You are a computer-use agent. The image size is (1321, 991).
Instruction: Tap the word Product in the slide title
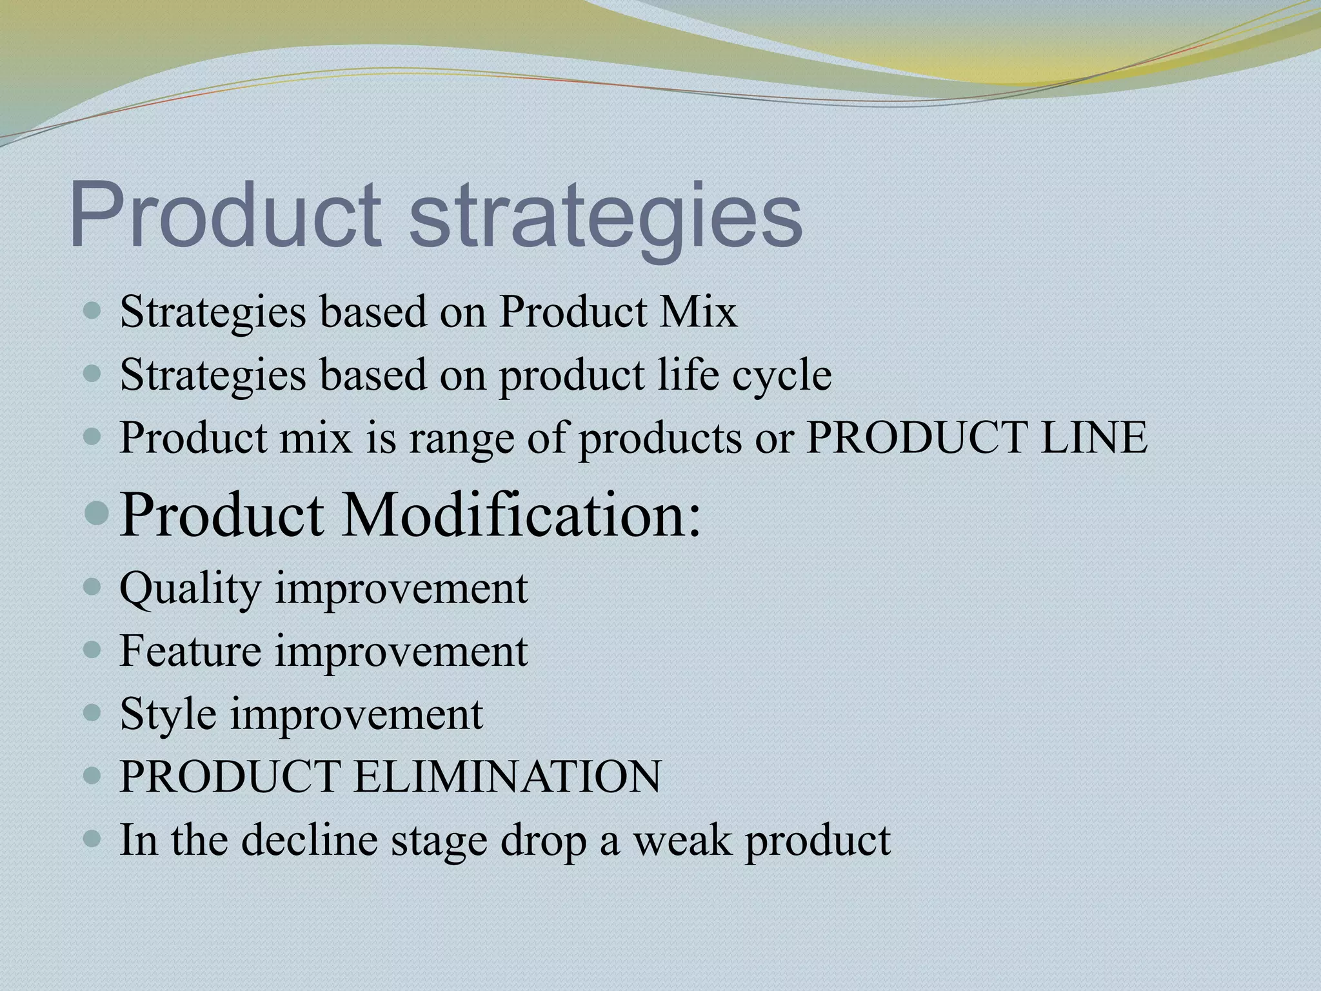tap(226, 213)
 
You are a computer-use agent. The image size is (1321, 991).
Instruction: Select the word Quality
tap(190, 589)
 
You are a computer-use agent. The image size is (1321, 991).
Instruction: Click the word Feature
tap(190, 650)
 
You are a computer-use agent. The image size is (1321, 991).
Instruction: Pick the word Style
tap(168, 714)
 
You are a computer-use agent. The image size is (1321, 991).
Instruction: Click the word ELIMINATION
tap(507, 776)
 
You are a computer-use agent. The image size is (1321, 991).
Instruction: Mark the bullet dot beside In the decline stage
tap(93, 839)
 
